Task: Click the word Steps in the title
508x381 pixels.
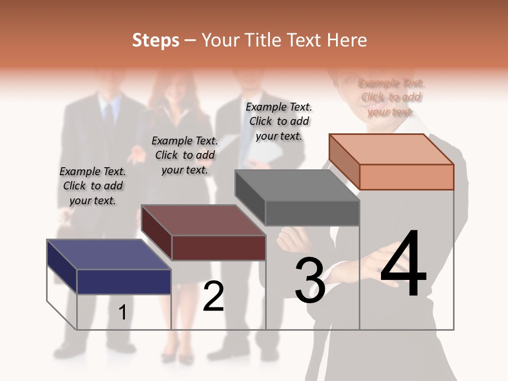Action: (x=155, y=40)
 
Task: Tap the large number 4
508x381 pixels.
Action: (x=403, y=264)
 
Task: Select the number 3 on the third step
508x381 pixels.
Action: (x=310, y=280)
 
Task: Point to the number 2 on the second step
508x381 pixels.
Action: (x=213, y=296)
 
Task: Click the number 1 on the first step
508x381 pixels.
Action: (x=122, y=313)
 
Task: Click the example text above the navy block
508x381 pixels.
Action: (x=93, y=186)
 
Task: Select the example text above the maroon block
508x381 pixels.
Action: (x=185, y=155)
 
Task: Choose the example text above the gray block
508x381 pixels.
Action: (x=279, y=121)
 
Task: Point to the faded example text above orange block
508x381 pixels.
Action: (x=391, y=97)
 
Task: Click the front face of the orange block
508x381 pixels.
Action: (x=406, y=177)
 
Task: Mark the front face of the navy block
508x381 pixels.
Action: (x=124, y=282)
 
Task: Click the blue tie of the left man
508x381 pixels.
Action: (x=108, y=114)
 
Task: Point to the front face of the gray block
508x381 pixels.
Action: (x=312, y=213)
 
